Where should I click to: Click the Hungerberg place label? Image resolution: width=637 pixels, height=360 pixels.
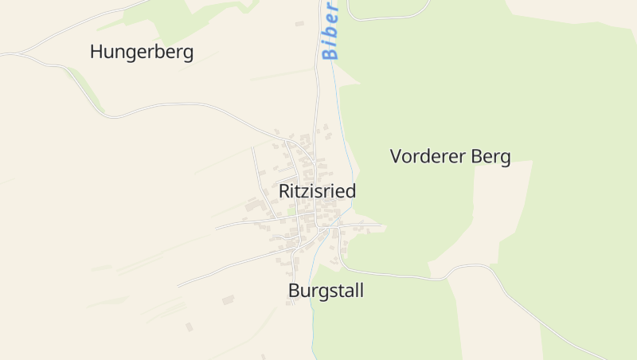[142, 52]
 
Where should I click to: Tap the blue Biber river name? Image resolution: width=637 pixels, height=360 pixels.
[330, 30]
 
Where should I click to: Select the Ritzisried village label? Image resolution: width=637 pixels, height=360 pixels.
[317, 192]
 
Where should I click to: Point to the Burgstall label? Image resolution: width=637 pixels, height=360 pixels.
[326, 292]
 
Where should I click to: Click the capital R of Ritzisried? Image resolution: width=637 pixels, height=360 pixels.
[284, 192]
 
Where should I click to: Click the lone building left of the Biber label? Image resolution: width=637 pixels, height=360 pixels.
[299, 23]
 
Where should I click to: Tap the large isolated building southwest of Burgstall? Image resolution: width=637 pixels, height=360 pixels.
[229, 299]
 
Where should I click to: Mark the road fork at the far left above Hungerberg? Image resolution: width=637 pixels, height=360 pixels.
[18, 54]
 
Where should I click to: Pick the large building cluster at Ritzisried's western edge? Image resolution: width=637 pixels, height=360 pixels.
[256, 205]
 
